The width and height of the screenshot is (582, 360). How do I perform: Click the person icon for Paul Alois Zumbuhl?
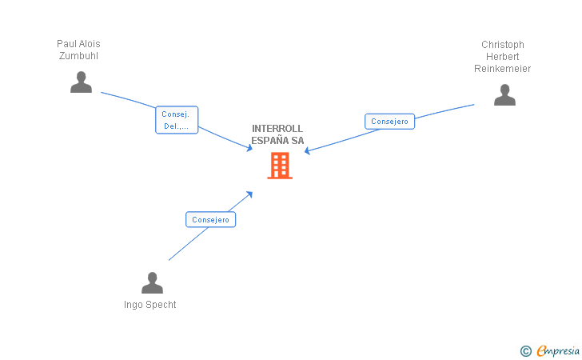click(81, 82)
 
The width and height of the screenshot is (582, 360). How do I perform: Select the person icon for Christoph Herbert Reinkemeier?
click(504, 95)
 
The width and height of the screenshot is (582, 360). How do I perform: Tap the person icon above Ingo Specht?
click(152, 283)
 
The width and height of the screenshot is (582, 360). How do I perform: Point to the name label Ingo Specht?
click(150, 305)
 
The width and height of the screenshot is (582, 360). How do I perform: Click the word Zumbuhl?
click(78, 56)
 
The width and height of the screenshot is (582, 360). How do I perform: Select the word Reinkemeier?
click(502, 69)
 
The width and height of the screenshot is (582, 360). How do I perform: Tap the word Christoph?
click(503, 45)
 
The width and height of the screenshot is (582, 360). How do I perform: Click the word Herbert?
click(503, 57)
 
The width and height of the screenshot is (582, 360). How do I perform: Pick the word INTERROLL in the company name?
click(277, 129)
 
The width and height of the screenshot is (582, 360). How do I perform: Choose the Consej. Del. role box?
click(176, 120)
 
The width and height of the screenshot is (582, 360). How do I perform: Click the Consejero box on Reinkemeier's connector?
click(389, 122)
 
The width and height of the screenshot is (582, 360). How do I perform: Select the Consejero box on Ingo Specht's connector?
click(210, 219)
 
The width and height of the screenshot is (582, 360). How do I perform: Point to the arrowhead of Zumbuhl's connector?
click(249, 148)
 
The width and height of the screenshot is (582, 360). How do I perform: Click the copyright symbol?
click(525, 350)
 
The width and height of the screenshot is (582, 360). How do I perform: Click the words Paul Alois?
click(78, 44)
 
